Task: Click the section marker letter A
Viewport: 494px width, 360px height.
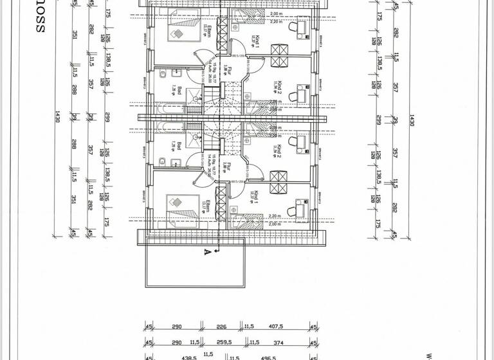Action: tap(207, 251)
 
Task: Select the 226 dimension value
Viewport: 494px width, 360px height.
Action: tap(223, 327)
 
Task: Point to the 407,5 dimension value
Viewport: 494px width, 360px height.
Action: tap(284, 327)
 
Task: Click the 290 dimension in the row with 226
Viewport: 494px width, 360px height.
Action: tap(177, 327)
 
